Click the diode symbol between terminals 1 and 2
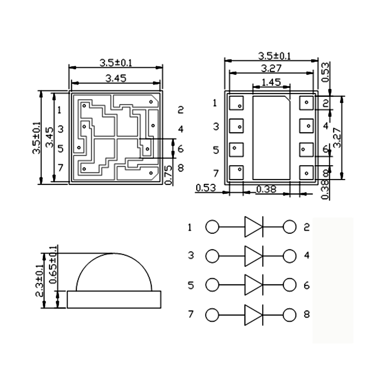pyautogui.click(x=253, y=227)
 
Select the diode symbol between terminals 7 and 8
pyautogui.click(x=253, y=315)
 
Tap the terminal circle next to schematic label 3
pyautogui.click(x=212, y=256)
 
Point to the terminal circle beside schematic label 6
pyautogui.click(x=289, y=285)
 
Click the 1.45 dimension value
pyautogui.click(x=271, y=82)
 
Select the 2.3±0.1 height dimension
pyautogui.click(x=40, y=280)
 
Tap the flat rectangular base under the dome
pyautogui.click(x=114, y=299)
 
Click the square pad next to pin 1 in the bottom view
pyautogui.click(x=236, y=103)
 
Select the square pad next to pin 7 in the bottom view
pyautogui.click(x=236, y=172)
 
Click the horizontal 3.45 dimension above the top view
pyautogui.click(x=116, y=79)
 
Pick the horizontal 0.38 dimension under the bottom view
pyautogui.click(x=266, y=189)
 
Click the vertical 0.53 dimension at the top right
pyautogui.click(x=325, y=72)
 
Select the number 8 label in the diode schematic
pyautogui.click(x=306, y=314)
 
